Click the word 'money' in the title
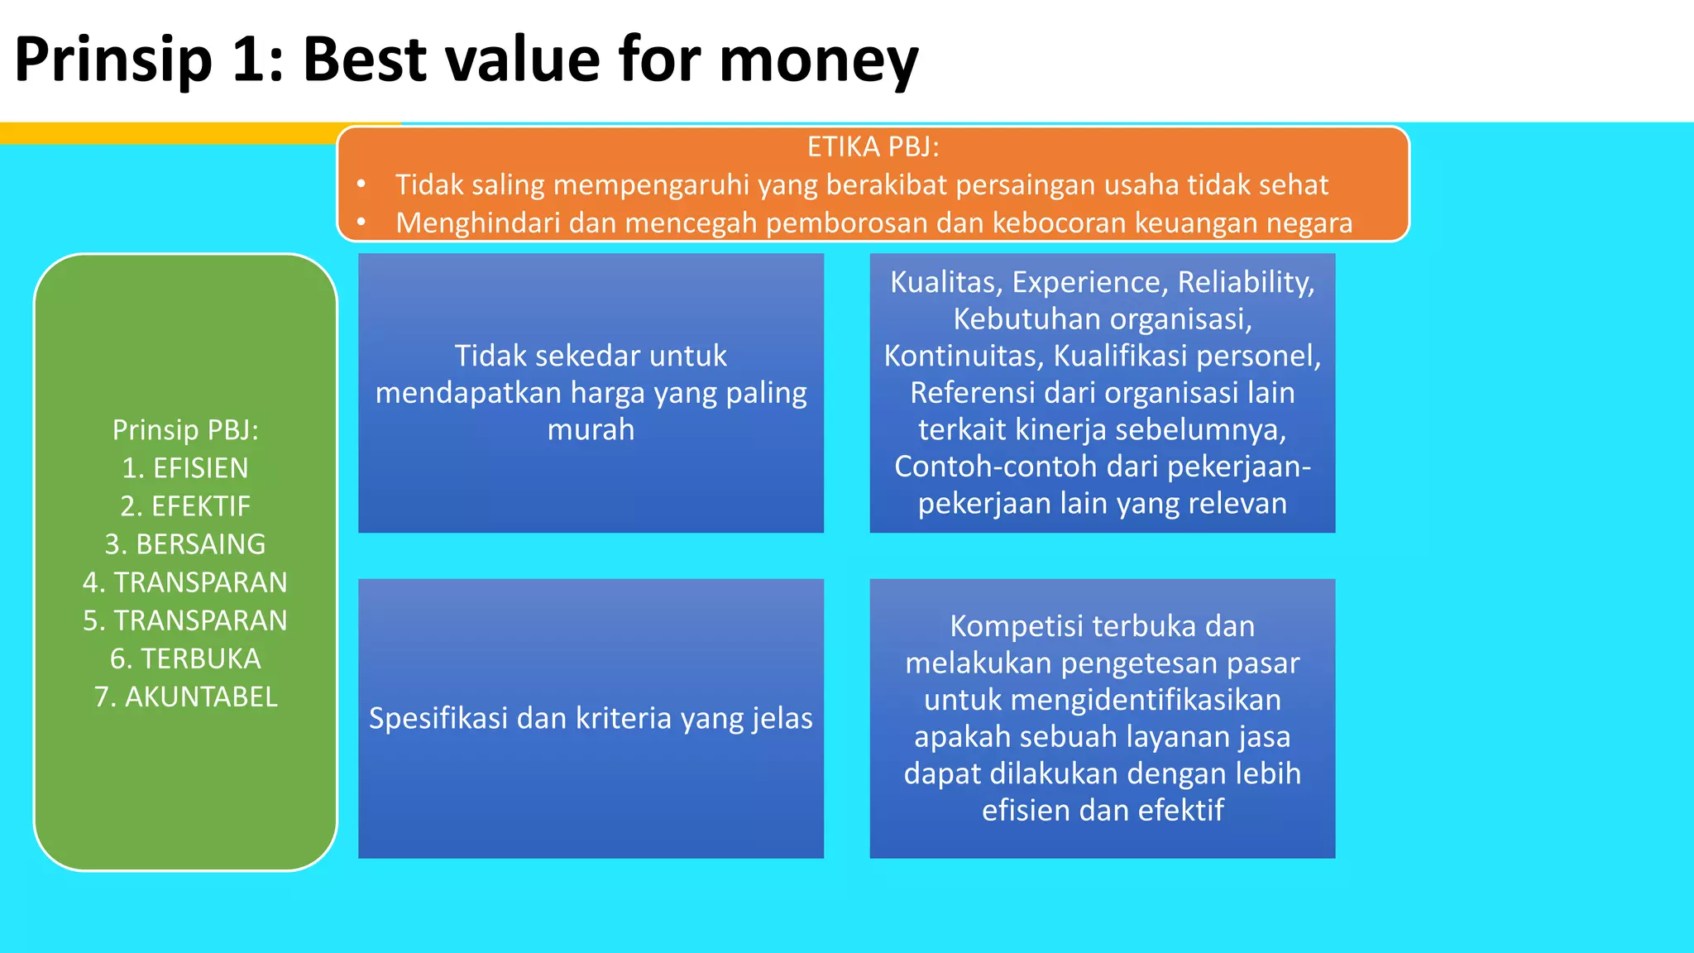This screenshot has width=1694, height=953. pos(818,61)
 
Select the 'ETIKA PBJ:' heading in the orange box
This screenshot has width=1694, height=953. pos(873,147)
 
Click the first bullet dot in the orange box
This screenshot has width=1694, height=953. pos(361,184)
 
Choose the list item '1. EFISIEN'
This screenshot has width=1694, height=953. pos(185,468)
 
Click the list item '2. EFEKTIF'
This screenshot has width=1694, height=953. pos(185,506)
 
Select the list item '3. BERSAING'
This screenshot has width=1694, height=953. pos(185,544)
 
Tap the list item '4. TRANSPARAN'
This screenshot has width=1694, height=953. pos(185,582)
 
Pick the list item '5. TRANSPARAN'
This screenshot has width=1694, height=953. pos(185,620)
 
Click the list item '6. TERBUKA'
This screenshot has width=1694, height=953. pos(185,658)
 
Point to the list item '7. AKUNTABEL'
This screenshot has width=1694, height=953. pos(185,697)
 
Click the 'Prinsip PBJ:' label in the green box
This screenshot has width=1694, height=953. pos(185,430)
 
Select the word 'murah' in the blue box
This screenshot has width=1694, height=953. pos(591,429)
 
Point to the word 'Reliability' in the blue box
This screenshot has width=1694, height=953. pos(1245,282)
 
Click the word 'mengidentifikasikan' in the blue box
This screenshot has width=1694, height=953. pos(1146,700)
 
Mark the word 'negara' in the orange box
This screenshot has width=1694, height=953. pos(1310,223)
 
